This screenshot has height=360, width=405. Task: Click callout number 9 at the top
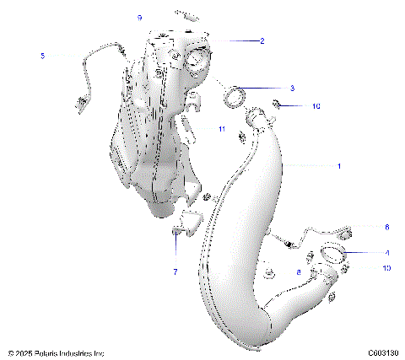[140, 18]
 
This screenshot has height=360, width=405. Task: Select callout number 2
[262, 40]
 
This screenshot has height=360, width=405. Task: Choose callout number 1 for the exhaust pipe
[339, 166]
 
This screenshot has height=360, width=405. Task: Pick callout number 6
[386, 227]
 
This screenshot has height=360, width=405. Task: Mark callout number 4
[386, 252]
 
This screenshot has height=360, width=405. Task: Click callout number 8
[299, 272]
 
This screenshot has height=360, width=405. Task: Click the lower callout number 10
[387, 269]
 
